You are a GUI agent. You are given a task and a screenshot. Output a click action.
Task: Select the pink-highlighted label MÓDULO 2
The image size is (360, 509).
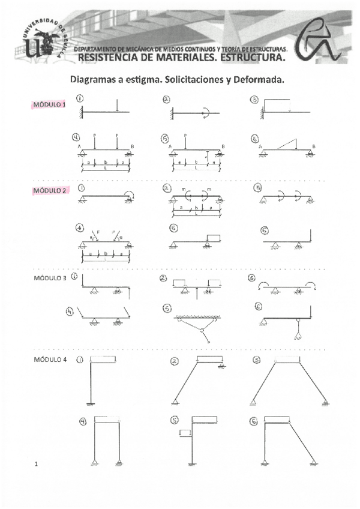50,190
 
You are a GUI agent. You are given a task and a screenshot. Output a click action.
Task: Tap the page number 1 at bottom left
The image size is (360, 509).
37,463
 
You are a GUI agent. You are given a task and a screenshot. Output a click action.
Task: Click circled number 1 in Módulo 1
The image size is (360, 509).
80,98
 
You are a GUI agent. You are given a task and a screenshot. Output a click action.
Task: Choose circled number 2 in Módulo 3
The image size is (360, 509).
163,278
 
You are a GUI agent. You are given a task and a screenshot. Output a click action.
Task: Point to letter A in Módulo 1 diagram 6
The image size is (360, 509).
260,146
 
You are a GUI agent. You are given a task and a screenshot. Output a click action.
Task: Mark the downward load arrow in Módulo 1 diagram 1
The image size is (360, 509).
117,106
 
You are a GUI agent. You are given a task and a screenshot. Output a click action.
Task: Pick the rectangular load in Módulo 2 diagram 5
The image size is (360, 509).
214,237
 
